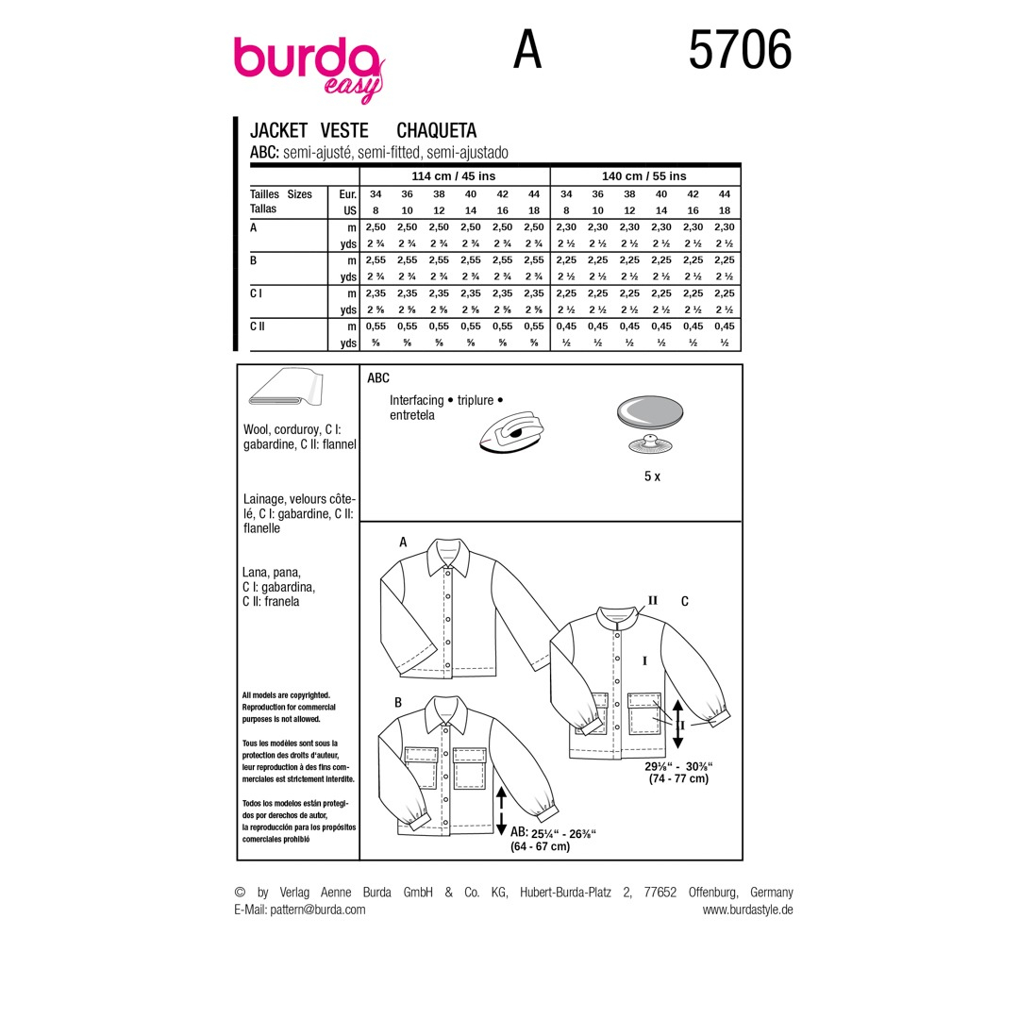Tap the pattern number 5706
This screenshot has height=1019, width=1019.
pos(741,50)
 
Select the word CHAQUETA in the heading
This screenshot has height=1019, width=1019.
pos(437,130)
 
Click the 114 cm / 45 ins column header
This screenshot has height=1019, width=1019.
pos(454,176)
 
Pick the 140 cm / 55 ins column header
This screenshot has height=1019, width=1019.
pos(644,176)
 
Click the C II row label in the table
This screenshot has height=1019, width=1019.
pos(258,326)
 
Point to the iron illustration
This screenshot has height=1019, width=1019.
pos(511,431)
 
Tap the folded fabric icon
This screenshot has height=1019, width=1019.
pos(286,388)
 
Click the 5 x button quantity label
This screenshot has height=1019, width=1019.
pos(652,476)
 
